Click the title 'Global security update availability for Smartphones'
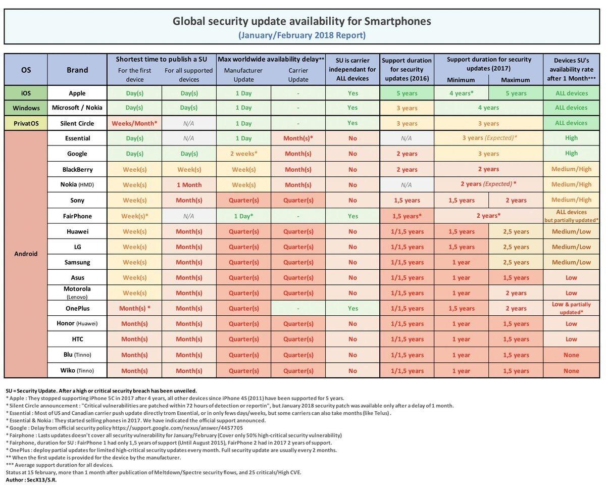coord(302,21)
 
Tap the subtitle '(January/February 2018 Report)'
coord(302,35)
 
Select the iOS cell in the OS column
coord(26,93)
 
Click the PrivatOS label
coord(26,123)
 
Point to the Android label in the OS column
coord(26,254)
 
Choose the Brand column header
coord(77,70)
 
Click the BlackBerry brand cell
coord(77,169)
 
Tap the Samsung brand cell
coord(77,262)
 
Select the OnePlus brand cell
coord(77,308)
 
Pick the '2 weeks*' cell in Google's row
coord(244,154)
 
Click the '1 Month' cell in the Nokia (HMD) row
coord(189,185)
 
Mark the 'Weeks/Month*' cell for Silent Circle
coord(134,123)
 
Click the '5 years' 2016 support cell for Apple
coord(407,93)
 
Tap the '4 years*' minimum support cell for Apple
coord(461,93)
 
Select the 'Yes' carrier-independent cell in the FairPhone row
coord(352,216)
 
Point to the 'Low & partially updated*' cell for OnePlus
coord(571,308)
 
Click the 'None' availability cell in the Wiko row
coord(571,370)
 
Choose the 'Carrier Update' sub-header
coord(298,75)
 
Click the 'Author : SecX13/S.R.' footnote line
coord(31,479)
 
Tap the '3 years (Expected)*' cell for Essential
coord(488,138)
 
